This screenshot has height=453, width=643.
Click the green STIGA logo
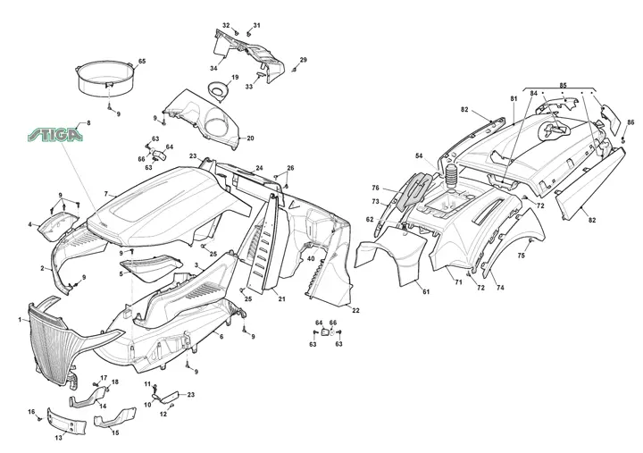(x=55, y=135)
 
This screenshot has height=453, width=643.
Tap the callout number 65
(x=142, y=61)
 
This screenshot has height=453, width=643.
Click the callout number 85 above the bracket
(x=563, y=86)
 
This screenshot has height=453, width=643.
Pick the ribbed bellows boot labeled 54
(x=451, y=177)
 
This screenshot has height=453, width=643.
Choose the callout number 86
(x=630, y=122)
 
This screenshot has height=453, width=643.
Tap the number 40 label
(x=311, y=258)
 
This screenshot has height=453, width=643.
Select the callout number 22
(x=356, y=311)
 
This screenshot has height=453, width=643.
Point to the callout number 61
(x=426, y=292)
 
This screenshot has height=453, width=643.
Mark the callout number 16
(x=31, y=412)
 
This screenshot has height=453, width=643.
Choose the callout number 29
(x=303, y=60)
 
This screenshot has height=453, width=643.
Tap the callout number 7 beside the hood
(x=105, y=194)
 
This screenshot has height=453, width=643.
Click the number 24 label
(x=259, y=168)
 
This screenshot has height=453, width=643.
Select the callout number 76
(x=376, y=188)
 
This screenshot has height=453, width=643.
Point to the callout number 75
(x=521, y=256)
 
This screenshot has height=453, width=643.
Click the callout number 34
(x=213, y=68)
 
